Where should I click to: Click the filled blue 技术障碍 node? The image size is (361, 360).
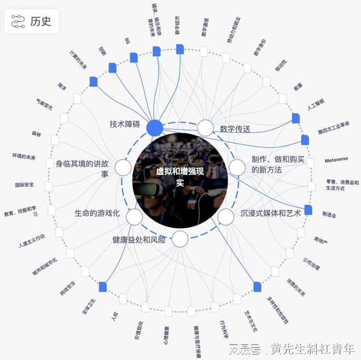(155, 128)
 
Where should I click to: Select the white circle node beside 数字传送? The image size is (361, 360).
(205, 128)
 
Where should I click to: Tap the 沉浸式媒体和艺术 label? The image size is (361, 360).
(271, 213)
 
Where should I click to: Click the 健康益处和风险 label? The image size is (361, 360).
(139, 239)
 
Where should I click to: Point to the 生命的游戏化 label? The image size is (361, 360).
(97, 213)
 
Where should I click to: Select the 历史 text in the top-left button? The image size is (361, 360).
(41, 21)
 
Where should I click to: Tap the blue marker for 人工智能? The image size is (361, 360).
(296, 118)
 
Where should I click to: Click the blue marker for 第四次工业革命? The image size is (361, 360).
(305, 140)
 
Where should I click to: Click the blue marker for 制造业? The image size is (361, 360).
(308, 210)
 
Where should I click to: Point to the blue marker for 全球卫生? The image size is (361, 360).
(103, 286)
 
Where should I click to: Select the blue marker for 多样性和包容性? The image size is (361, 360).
(257, 287)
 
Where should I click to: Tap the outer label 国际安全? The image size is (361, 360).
(25, 185)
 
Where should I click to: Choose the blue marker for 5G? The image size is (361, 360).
(134, 57)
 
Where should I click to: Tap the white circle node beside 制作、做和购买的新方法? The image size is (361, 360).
(237, 168)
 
